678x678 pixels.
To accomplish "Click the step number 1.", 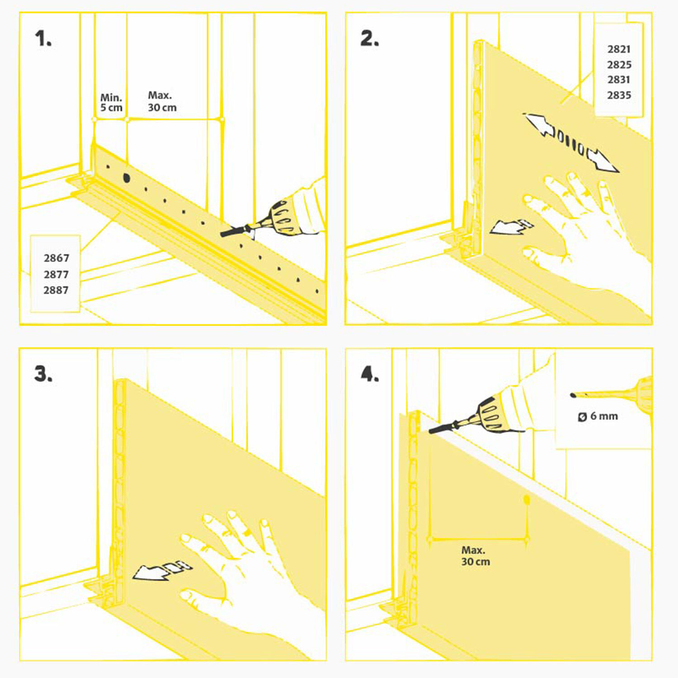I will [x=43, y=39].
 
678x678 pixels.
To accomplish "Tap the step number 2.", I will [x=369, y=39].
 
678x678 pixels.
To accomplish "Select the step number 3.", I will [x=43, y=374].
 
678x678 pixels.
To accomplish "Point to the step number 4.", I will [x=370, y=374].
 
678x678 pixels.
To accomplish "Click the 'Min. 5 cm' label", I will [x=111, y=103].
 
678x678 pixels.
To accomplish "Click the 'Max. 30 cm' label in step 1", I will [x=162, y=101].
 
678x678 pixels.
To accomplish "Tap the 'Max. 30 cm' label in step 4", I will [x=475, y=556].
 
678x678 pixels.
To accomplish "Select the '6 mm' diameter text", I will [x=603, y=416].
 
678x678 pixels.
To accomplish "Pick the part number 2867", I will [x=56, y=258].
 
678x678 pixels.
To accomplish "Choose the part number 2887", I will [x=56, y=290].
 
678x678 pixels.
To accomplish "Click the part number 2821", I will [x=619, y=49].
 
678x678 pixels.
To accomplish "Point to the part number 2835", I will [x=619, y=95].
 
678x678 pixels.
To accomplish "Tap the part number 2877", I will [x=56, y=274].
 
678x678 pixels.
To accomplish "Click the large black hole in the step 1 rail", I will [x=126, y=178].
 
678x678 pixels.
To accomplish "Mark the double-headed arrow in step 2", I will [x=571, y=143].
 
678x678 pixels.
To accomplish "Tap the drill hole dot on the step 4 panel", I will [x=527, y=499].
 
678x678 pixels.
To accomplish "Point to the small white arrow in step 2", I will [x=511, y=227].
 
